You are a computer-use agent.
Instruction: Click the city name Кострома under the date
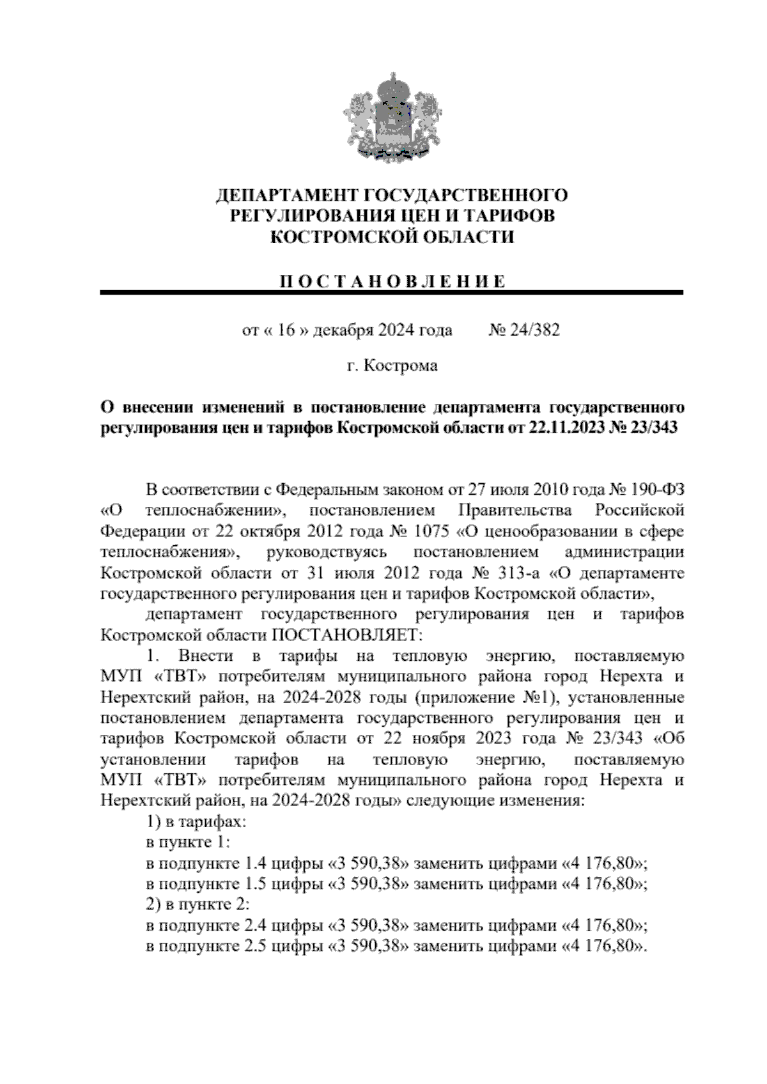click(x=401, y=366)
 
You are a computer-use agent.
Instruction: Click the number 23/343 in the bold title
click(x=652, y=428)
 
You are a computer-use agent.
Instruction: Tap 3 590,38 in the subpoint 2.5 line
click(x=368, y=947)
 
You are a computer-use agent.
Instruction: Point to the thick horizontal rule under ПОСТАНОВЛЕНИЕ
click(x=392, y=293)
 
